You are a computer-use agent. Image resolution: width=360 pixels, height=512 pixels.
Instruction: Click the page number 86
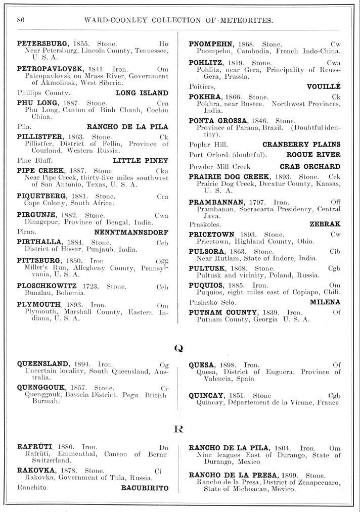pyautogui.click(x=21, y=20)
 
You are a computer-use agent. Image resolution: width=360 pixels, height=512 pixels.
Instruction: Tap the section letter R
pyautogui.click(x=178, y=430)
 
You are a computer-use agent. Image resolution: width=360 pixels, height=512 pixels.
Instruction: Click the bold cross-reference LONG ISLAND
pyautogui.click(x=142, y=93)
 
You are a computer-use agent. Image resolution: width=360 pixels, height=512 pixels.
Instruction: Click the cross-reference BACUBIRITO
pyautogui.click(x=145, y=488)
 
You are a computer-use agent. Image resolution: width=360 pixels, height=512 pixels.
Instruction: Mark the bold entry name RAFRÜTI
pyautogui.click(x=34, y=447)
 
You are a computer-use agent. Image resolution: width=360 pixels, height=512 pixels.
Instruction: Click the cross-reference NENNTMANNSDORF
pyautogui.click(x=131, y=232)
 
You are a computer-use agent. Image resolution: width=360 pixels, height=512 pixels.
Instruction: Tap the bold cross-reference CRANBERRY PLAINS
pyautogui.click(x=301, y=145)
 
